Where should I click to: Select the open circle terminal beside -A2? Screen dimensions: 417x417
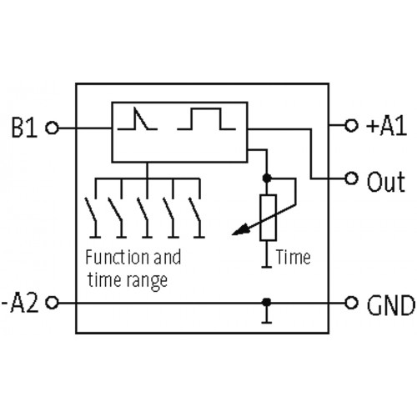click(53, 302)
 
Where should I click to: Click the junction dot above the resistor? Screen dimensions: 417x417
click(268, 178)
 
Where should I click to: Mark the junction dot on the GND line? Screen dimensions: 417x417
click(268, 302)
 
